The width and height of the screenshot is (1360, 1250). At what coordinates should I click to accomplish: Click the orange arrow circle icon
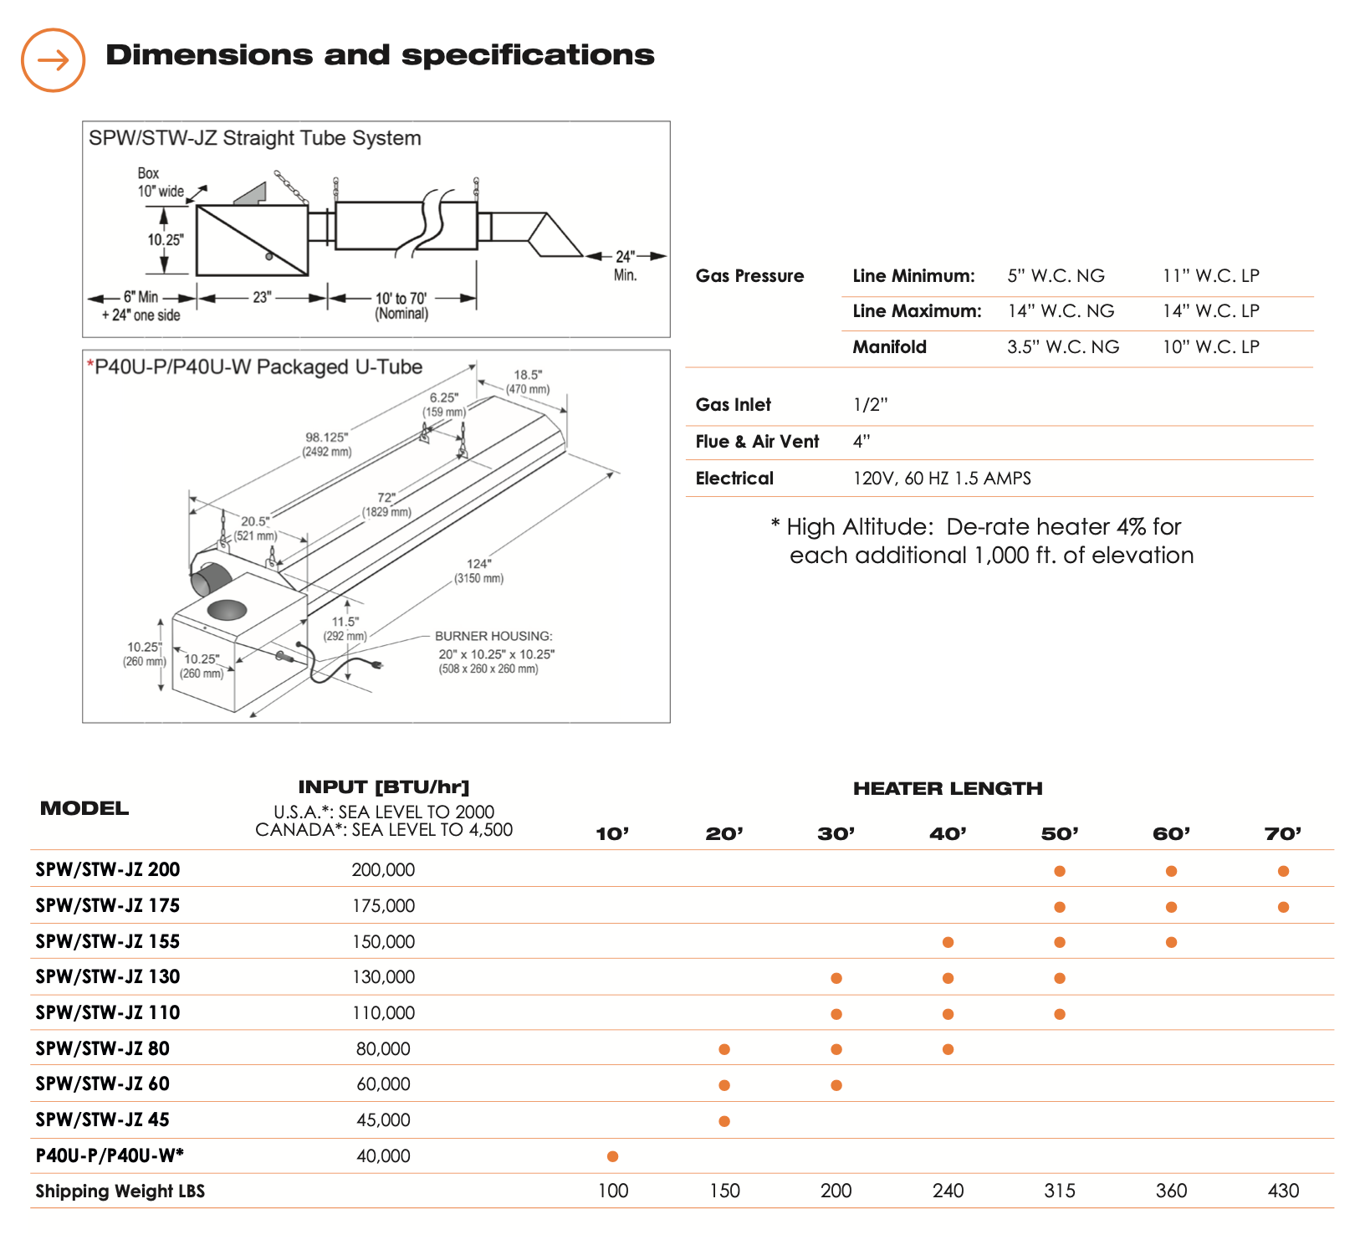coord(53,60)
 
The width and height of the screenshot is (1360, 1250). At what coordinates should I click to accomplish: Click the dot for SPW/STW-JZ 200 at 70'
coord(1283,871)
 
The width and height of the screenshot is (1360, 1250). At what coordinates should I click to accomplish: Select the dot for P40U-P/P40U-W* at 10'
coord(612,1156)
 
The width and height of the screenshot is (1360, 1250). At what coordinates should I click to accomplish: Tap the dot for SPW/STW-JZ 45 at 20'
coord(724,1121)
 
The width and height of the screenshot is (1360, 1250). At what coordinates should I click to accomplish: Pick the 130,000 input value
coord(383,977)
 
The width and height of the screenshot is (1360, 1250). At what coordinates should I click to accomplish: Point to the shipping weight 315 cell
coord(1060,1191)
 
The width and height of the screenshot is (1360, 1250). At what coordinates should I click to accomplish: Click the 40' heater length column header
coord(948,833)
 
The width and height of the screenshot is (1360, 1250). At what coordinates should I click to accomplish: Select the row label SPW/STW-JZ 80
coord(102,1048)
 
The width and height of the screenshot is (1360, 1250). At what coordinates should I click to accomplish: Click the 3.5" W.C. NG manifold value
coord(1063,347)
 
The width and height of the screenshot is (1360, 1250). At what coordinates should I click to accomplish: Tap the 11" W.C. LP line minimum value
coord(1211,276)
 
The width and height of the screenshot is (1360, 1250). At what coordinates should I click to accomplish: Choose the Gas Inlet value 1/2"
coord(870,405)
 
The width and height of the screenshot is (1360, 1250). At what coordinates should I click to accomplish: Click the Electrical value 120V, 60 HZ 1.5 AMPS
coord(942,479)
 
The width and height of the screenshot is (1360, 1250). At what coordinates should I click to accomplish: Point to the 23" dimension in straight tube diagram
coord(262,297)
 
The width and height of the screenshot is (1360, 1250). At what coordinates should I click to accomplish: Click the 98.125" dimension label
coord(326,438)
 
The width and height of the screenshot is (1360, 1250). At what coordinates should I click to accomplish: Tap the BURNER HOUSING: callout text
coord(493,636)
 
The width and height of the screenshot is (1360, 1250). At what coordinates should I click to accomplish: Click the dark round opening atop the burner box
coord(227,609)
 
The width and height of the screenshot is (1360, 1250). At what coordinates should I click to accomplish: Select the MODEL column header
coord(84,808)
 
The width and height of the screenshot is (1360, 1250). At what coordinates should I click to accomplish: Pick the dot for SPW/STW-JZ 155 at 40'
coord(948,942)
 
